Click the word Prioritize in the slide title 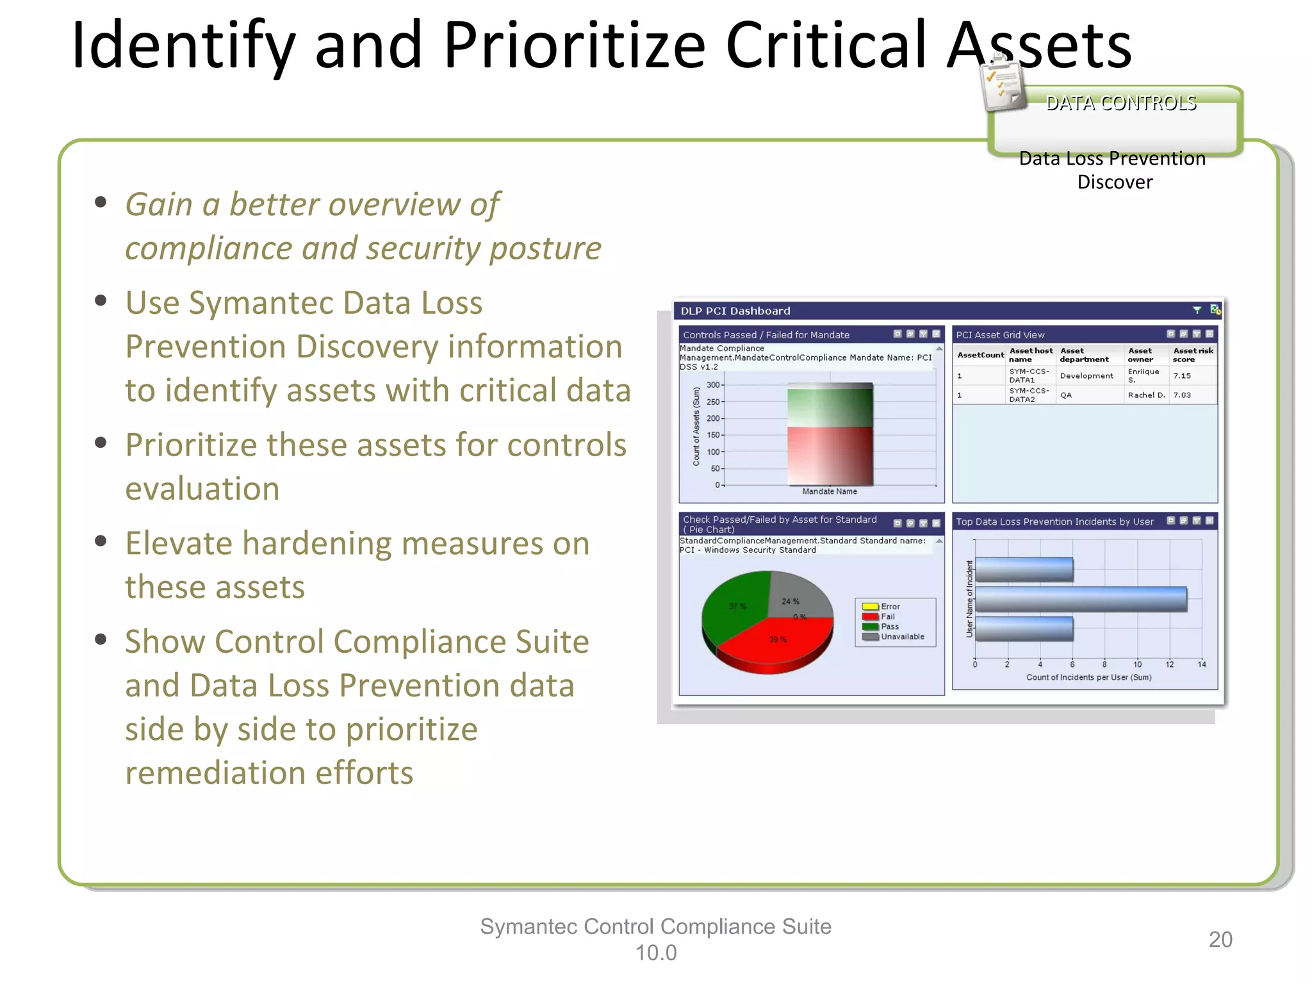coord(573,45)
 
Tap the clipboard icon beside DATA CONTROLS coord(1003,84)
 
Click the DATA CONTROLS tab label coord(1121,103)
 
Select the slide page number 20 coord(1220,939)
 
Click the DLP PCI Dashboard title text coord(735,311)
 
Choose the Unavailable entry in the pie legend coord(901,637)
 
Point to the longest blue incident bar coord(1080,599)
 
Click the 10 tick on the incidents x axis coord(1137,664)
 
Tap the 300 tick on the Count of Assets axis coord(713,385)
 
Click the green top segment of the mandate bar coord(830,407)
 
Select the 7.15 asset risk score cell coord(1182,376)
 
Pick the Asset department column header coord(1084,355)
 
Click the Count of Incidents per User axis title coord(1088,677)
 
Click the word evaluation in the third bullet coord(202,489)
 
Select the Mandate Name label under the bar coord(830,491)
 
